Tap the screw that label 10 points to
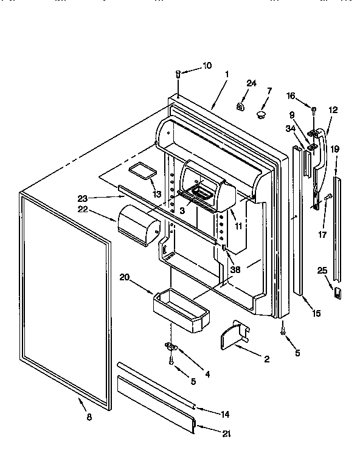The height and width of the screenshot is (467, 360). pyautogui.click(x=178, y=75)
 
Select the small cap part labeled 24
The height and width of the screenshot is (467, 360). pyautogui.click(x=240, y=107)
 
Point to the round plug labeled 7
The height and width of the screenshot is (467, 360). pyautogui.click(x=261, y=114)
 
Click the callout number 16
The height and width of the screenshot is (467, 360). pyautogui.click(x=291, y=95)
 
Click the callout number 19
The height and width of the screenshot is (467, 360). pyautogui.click(x=335, y=149)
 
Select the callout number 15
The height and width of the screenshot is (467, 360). pyautogui.click(x=316, y=313)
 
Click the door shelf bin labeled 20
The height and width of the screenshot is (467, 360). pyautogui.click(x=181, y=309)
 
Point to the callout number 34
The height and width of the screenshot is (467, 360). pyautogui.click(x=291, y=128)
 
